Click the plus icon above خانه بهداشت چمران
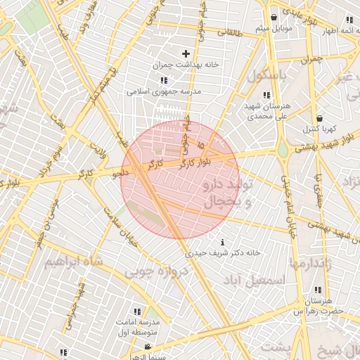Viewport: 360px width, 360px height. pos(186,53)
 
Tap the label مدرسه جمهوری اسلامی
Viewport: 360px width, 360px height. pos(164,91)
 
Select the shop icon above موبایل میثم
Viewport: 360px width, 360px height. pos(274,18)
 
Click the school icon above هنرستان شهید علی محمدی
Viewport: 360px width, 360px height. pos(266,95)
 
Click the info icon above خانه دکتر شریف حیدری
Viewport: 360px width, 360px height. pos(224,241)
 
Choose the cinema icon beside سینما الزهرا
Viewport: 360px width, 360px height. pos(148,347)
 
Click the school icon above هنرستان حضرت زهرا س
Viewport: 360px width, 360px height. pos(319,290)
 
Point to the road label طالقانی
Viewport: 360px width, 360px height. pos(230,32)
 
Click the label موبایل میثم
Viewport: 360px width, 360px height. pos(274,28)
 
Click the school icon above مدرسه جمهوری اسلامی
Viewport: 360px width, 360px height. pos(164,80)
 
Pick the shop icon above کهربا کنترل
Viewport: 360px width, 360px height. pos(320,118)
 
